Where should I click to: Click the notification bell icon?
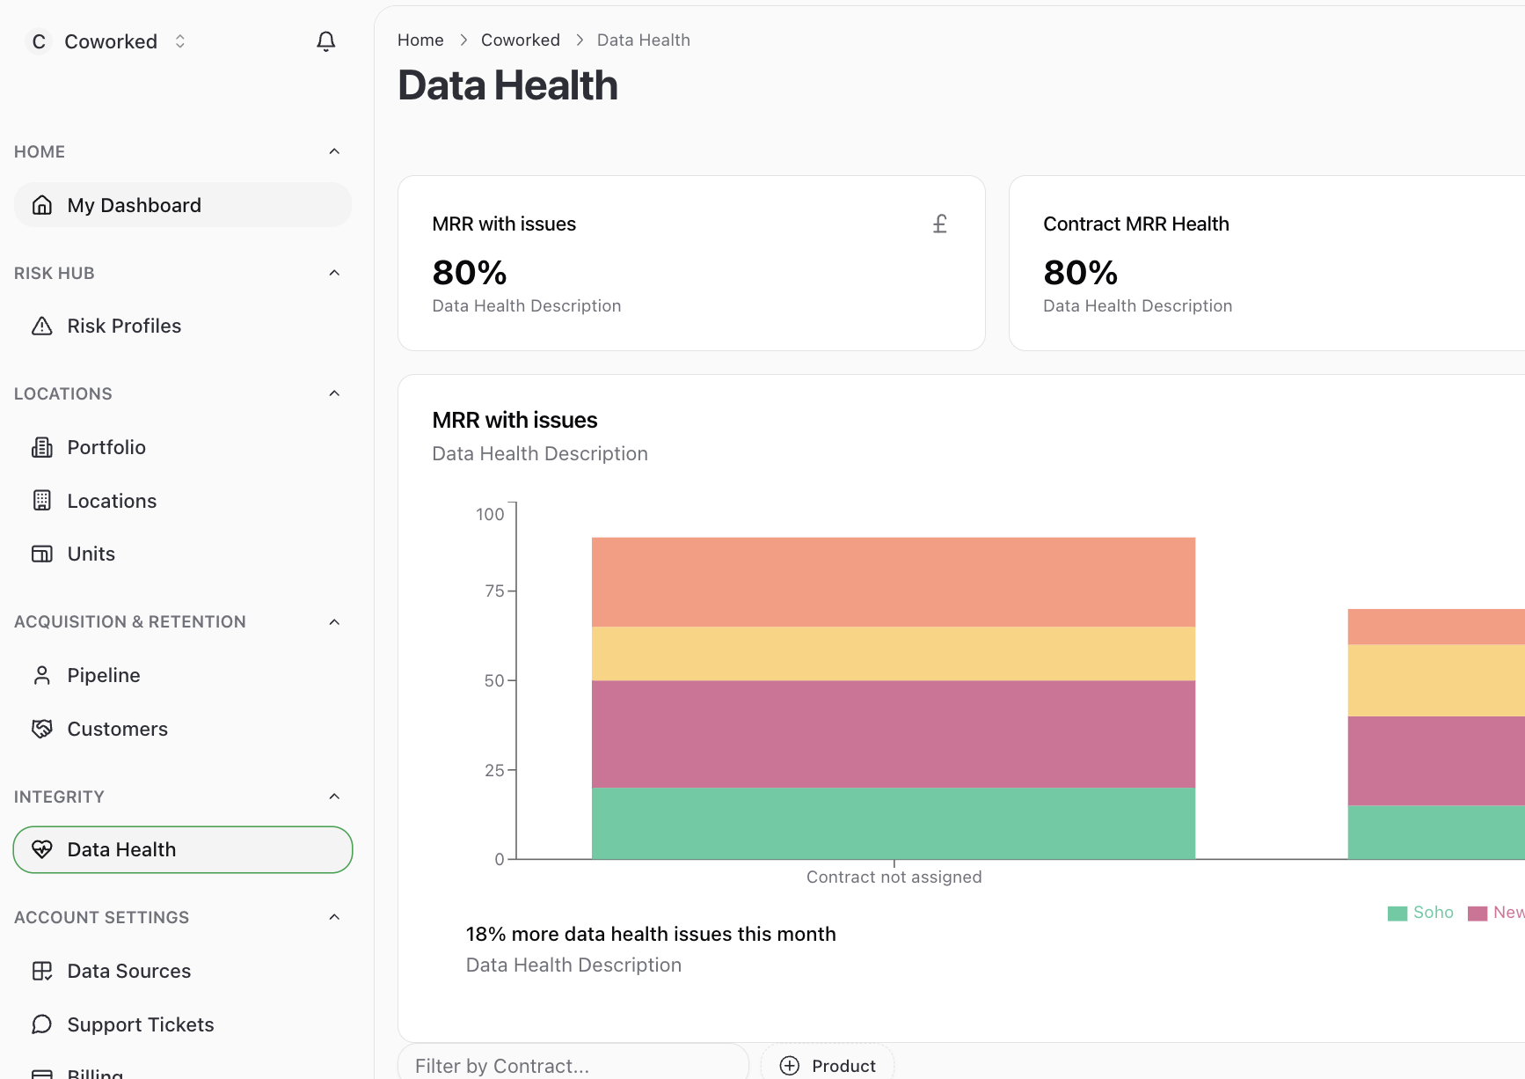(x=325, y=41)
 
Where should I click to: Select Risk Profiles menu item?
(x=124, y=327)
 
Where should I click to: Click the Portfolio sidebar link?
(x=106, y=447)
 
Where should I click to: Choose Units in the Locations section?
(x=91, y=554)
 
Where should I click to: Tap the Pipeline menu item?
(x=104, y=675)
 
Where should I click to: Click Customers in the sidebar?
(x=117, y=729)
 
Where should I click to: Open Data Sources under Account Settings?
(x=128, y=971)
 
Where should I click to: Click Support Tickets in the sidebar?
(x=141, y=1024)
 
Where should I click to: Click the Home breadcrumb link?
(x=420, y=40)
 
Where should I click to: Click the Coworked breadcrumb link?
(x=520, y=40)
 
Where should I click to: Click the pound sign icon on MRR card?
(x=939, y=224)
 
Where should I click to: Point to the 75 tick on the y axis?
(x=495, y=591)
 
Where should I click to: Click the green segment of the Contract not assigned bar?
(x=893, y=823)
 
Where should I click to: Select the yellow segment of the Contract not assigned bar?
(x=893, y=653)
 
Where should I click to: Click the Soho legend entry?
(x=1421, y=913)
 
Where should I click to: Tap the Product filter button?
(x=828, y=1065)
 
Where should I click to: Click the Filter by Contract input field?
(x=573, y=1065)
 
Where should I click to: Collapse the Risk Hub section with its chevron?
(x=334, y=273)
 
